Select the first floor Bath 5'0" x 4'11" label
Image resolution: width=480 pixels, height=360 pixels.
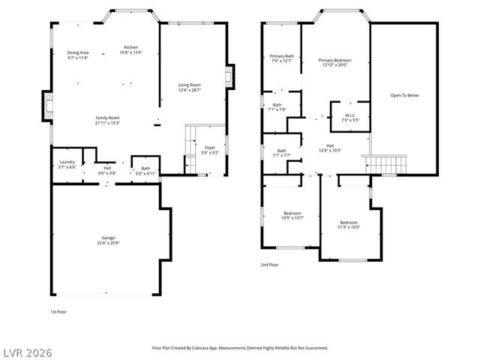pos(145,171)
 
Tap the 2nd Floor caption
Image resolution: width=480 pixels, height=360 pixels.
pos(269,265)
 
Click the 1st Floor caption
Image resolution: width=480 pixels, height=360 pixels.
pos(58,311)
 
